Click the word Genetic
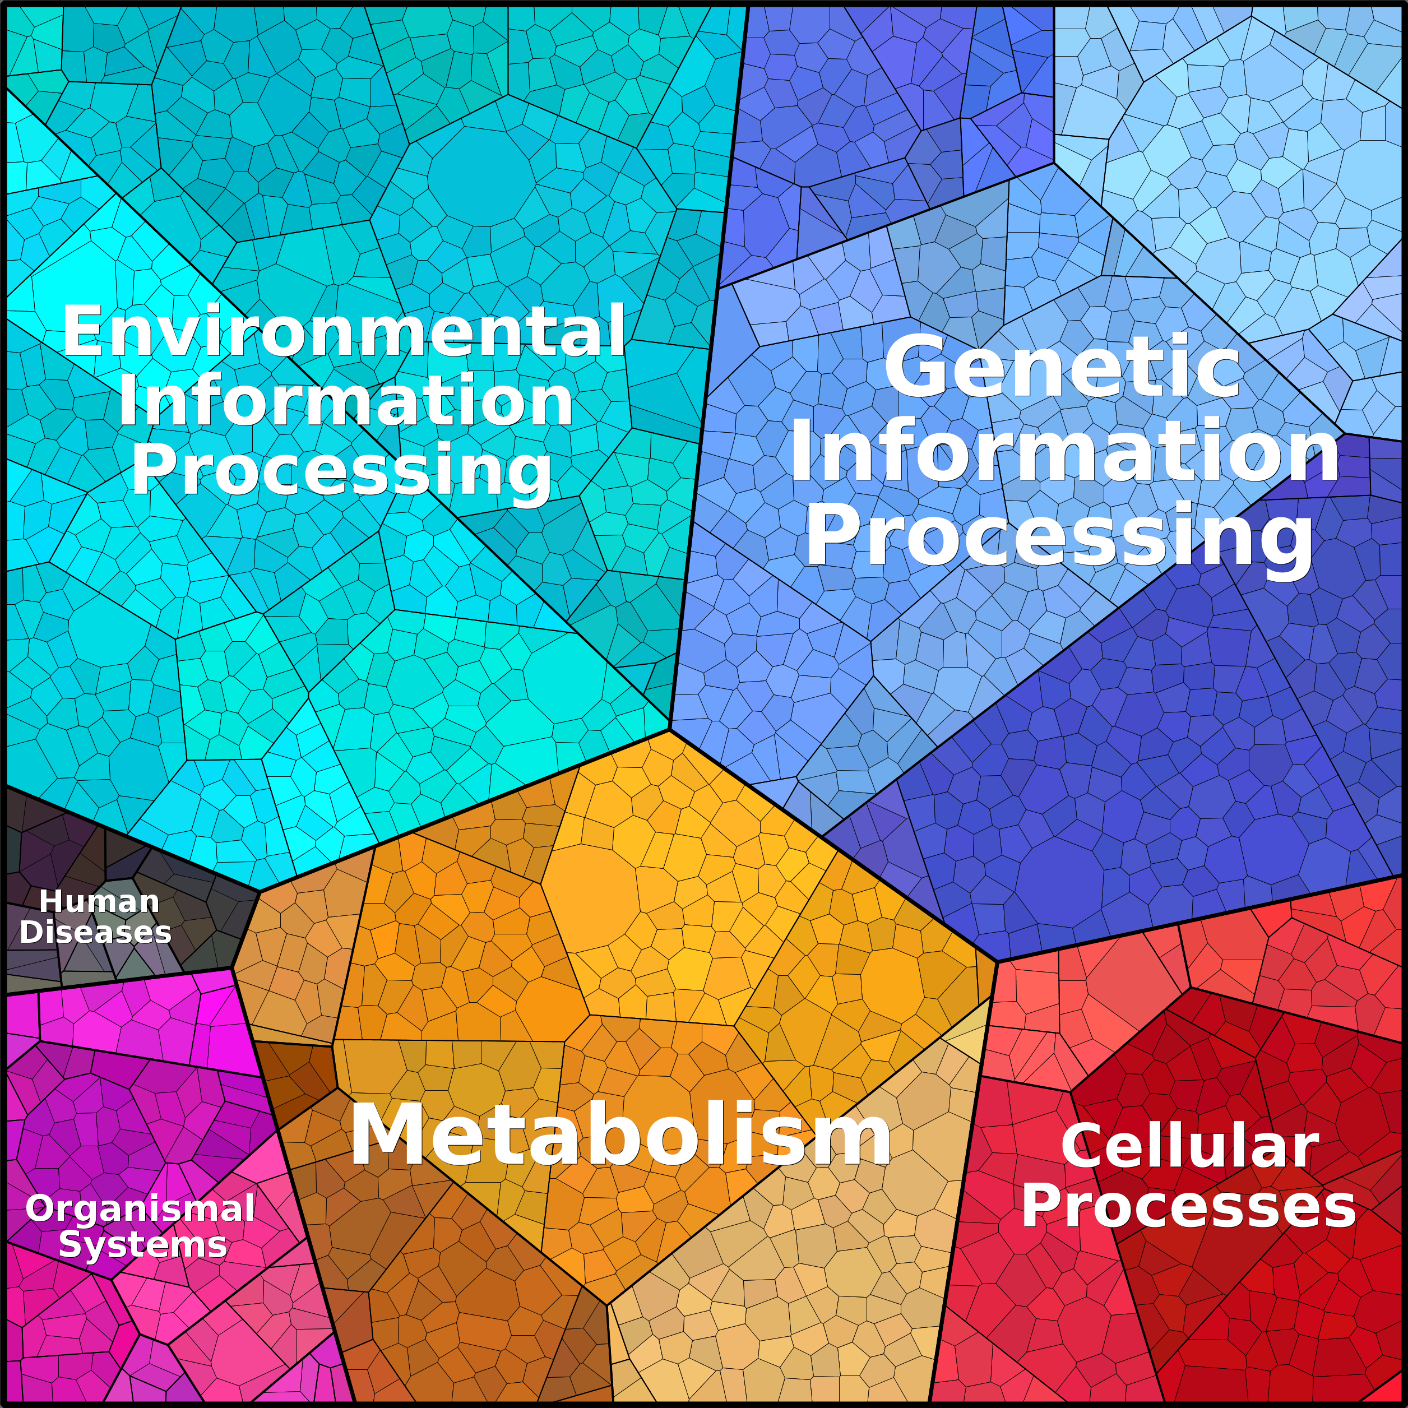[x=1062, y=367]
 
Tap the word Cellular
[x=1189, y=1146]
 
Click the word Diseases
[x=95, y=932]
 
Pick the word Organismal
[x=140, y=1209]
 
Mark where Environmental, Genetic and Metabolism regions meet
[x=669, y=729]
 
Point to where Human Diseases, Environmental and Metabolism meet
[x=260, y=891]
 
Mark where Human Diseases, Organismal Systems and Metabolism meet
[x=231, y=968]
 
